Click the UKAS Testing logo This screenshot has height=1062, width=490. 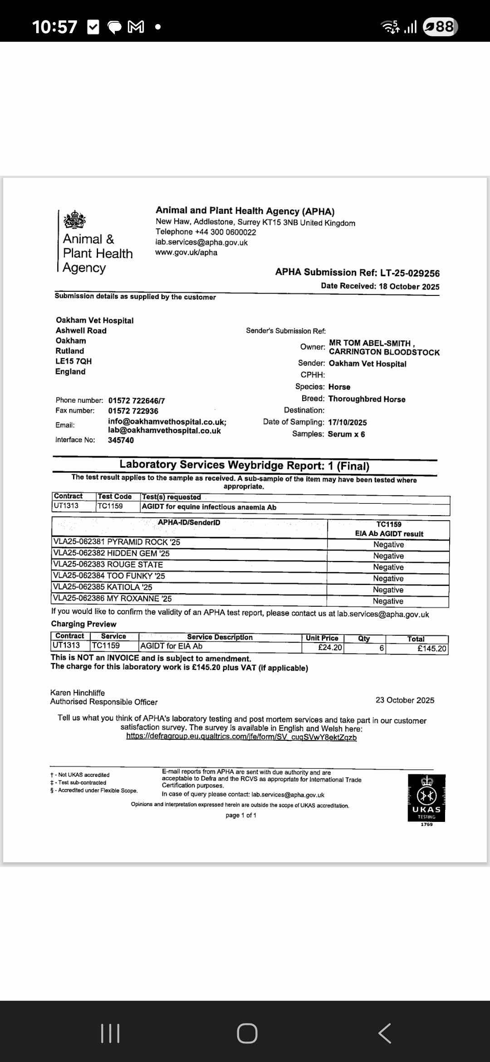click(x=426, y=798)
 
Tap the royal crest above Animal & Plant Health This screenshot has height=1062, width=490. click(x=75, y=220)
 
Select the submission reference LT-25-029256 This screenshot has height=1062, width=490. click(x=410, y=273)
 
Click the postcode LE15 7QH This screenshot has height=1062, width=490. click(x=73, y=361)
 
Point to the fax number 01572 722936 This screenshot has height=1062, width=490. click(x=133, y=411)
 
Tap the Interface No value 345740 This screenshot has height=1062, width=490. click(x=121, y=440)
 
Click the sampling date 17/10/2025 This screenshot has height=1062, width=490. click(x=347, y=422)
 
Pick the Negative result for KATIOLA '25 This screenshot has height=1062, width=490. click(x=388, y=590)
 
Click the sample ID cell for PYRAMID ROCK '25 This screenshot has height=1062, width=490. click(x=117, y=542)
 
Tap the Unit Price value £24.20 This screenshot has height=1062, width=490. click(x=330, y=648)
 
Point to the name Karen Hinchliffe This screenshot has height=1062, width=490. click(x=78, y=693)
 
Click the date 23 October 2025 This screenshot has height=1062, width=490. click(x=405, y=700)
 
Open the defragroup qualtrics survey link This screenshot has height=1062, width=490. click(x=241, y=737)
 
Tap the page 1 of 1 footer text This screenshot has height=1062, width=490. click(x=241, y=815)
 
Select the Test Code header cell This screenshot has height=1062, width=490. click(x=115, y=497)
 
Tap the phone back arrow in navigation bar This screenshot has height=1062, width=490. click(x=384, y=1033)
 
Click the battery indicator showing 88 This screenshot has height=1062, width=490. click(x=440, y=27)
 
